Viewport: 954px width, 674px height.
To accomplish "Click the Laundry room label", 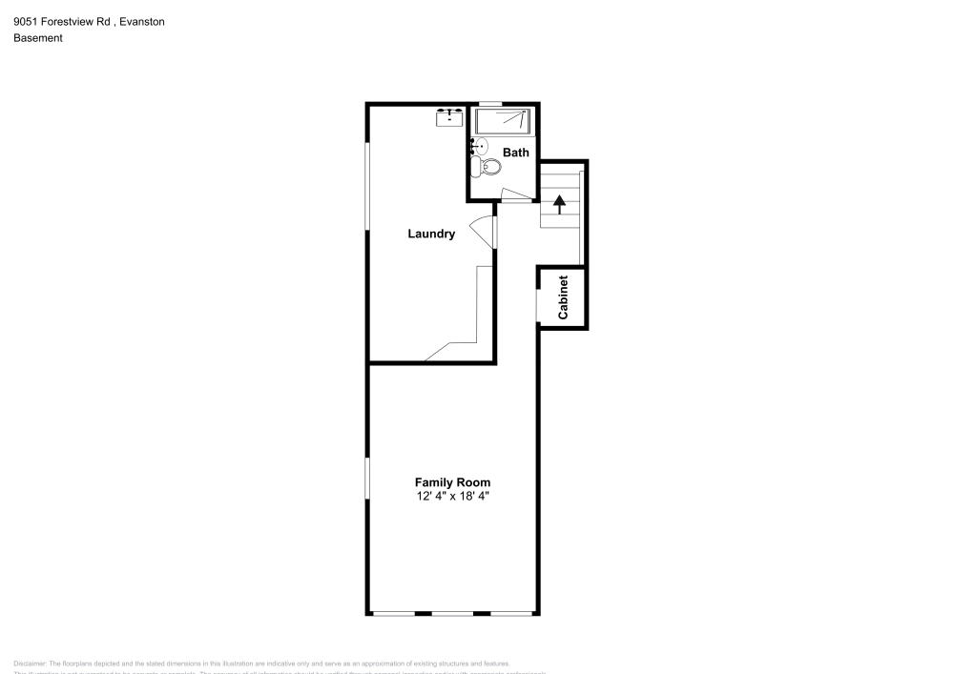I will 431,234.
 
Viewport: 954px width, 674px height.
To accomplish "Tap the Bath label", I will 516,153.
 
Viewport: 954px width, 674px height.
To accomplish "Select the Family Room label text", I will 452,482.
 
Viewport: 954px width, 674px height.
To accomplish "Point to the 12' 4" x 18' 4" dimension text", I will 452,497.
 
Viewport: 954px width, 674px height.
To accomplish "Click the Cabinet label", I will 563,296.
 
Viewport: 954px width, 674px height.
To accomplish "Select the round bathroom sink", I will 481,146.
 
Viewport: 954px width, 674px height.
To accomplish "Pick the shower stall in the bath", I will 503,121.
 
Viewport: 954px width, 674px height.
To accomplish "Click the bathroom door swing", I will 515,195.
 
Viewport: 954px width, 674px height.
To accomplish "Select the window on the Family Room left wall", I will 367,477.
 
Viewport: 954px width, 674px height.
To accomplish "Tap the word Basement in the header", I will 38,38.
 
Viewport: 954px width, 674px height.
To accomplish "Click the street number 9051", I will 26,22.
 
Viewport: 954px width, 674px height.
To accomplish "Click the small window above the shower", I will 490,103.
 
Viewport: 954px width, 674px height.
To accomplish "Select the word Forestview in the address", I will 69,22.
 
